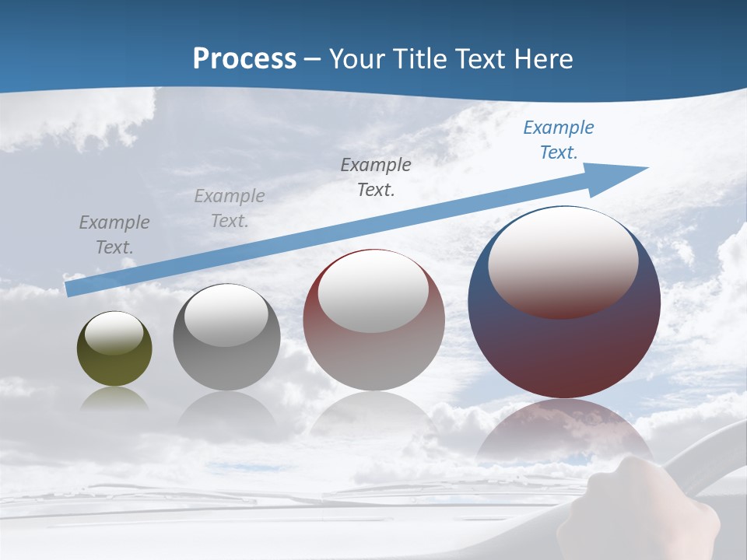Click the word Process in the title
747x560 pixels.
244,59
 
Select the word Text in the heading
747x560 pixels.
478,59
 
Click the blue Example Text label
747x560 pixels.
558,140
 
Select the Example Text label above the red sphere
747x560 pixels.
376,177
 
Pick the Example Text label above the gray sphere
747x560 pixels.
230,208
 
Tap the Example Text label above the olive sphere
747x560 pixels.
114,235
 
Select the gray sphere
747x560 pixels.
226,366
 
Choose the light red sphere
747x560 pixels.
373,358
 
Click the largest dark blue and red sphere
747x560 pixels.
564,350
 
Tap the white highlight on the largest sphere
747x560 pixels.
563,261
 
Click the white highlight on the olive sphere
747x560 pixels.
114,333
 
